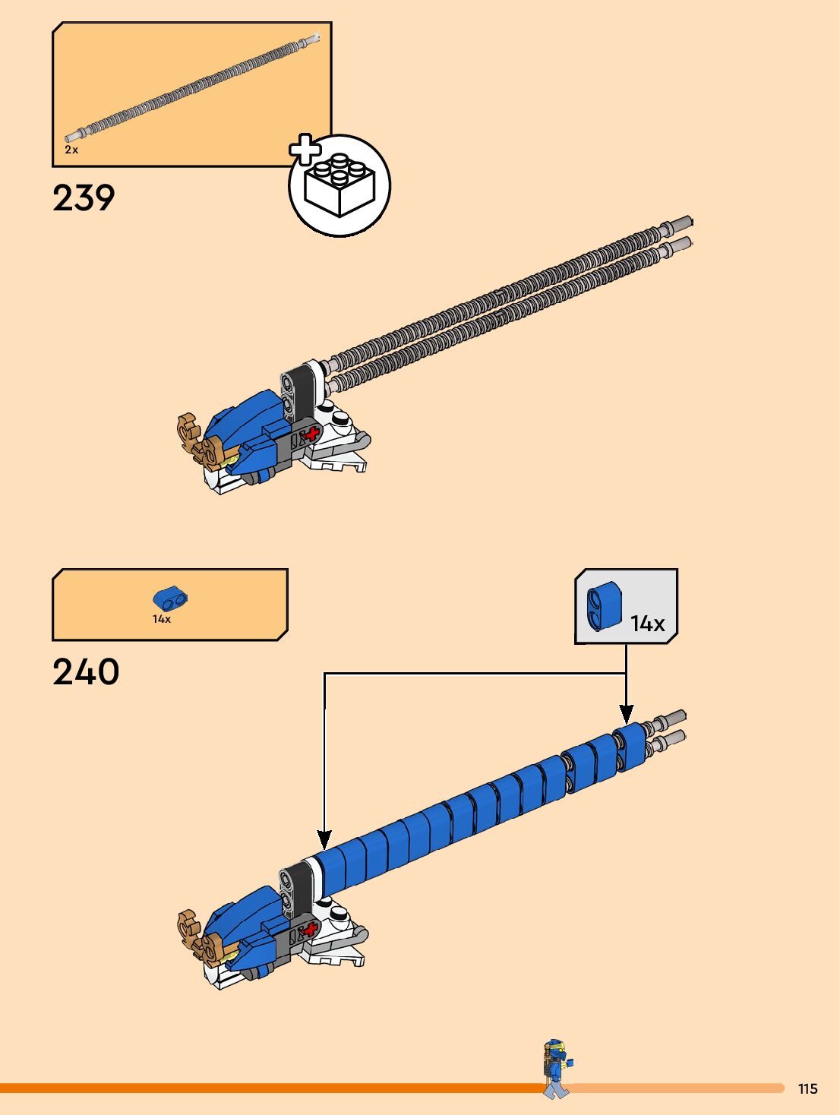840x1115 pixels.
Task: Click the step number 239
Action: point(84,198)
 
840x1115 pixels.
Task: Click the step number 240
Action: point(86,672)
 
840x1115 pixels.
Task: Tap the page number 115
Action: point(807,1088)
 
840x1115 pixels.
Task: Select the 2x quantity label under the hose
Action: point(71,150)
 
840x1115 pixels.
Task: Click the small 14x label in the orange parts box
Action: point(162,619)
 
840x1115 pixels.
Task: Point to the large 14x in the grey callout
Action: point(647,624)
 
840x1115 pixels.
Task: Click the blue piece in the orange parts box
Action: point(170,599)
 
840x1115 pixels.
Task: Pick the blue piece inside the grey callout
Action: point(604,606)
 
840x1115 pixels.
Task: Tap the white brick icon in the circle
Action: point(339,186)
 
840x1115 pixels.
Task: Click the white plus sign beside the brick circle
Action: point(305,150)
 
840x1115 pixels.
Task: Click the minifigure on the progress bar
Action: point(557,1067)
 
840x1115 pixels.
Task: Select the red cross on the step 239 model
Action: point(311,434)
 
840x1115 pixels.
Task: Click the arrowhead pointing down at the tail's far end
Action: point(626,714)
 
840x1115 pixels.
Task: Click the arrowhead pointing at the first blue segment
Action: point(324,840)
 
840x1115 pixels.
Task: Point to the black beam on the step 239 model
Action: point(301,391)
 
